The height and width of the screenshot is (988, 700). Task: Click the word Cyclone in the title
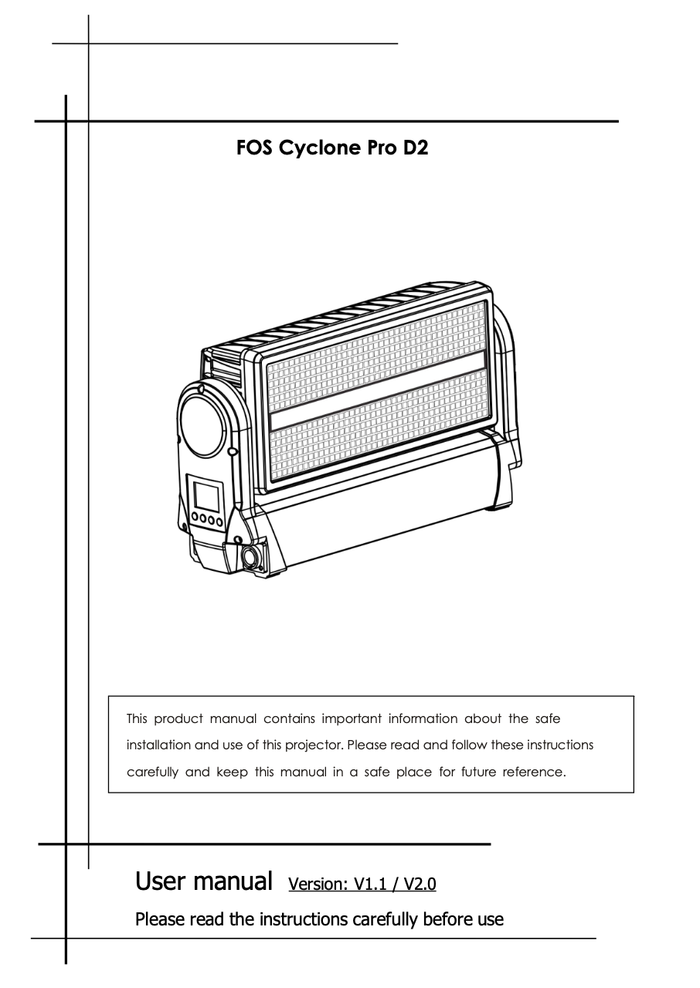(320, 148)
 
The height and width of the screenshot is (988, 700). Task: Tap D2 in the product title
(416, 148)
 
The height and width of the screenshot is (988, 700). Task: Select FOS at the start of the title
(255, 148)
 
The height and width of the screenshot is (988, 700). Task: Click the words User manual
(203, 881)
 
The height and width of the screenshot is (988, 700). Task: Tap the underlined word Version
(318, 884)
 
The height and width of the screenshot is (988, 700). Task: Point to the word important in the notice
(352, 719)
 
